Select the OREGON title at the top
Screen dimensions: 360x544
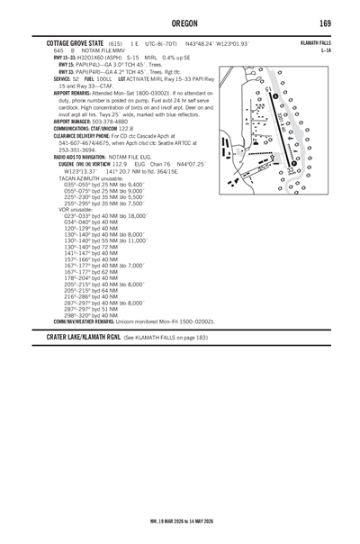180,23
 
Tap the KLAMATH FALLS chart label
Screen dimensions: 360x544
317,42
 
